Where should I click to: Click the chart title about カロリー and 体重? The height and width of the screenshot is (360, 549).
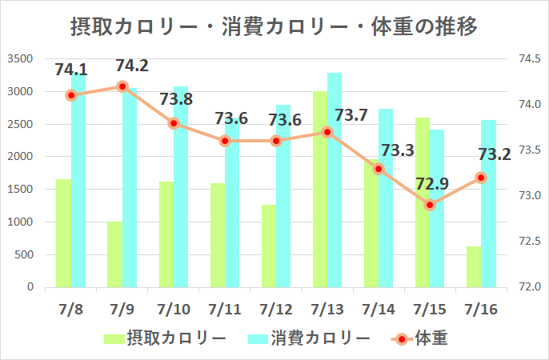[274, 28]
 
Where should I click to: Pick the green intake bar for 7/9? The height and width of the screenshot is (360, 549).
[115, 254]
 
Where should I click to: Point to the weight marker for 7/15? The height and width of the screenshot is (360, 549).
[430, 205]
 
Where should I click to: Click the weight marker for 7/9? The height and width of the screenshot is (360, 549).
[122, 86]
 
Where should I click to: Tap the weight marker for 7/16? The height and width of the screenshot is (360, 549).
[481, 178]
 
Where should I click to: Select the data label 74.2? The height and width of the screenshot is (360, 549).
[132, 66]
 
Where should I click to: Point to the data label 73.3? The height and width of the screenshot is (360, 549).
[398, 150]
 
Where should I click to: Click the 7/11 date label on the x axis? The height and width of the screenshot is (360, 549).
[224, 309]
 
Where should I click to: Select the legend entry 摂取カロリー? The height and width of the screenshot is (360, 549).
[165, 338]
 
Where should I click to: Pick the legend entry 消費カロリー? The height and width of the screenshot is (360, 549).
[309, 338]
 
